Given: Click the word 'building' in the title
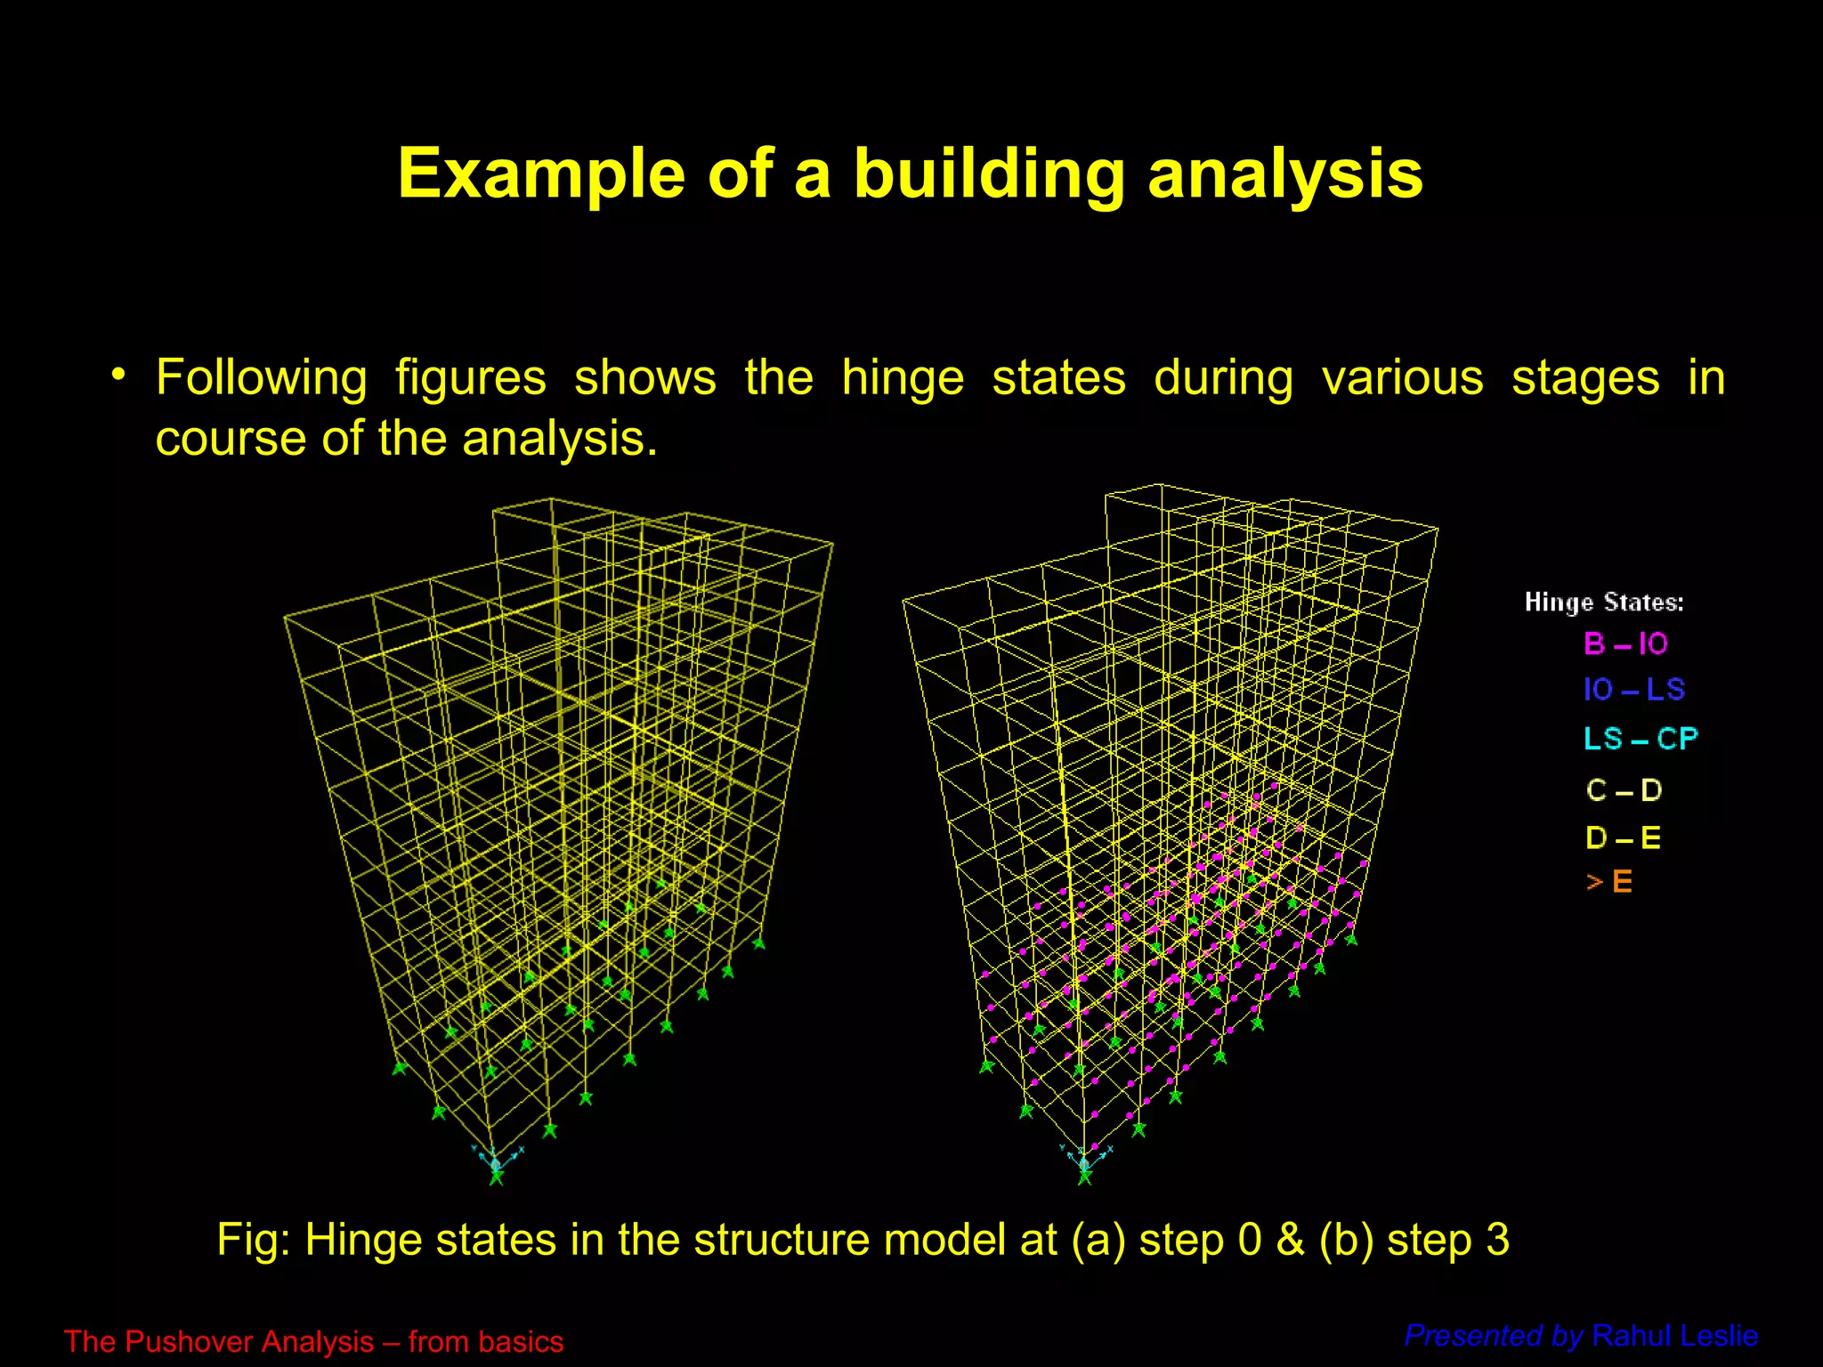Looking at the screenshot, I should tap(989, 174).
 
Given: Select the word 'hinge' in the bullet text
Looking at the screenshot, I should tap(902, 377).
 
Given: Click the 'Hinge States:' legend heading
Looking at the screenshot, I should tap(1603, 603).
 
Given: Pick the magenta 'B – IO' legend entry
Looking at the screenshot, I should tap(1625, 643).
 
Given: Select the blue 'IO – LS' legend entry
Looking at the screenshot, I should tap(1633, 690).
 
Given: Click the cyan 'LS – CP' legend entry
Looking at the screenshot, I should tap(1640, 739).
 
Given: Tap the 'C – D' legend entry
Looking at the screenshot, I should tap(1624, 789).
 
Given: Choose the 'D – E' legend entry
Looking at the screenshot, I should tap(1623, 837).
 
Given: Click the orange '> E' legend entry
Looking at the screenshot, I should tap(1608, 882).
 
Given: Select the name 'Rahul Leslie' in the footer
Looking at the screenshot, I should tap(1674, 1336).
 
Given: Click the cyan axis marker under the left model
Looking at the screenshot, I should tap(495, 1161).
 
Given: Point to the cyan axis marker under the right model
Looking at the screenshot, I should tap(1082, 1161).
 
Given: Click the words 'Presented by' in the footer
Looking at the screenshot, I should tap(1493, 1336).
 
